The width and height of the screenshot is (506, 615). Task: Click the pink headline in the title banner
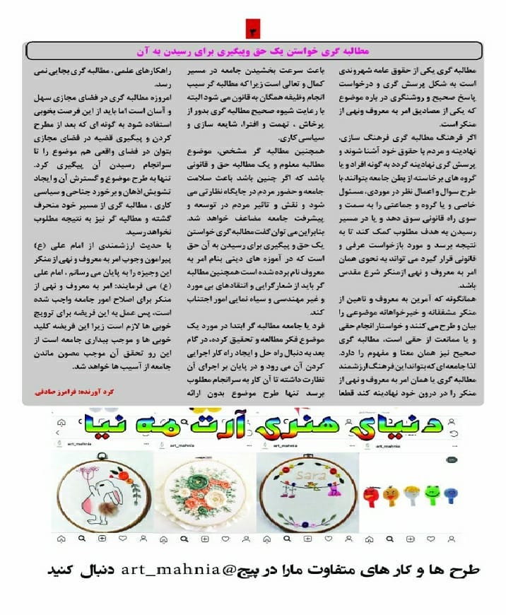click(x=253, y=51)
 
